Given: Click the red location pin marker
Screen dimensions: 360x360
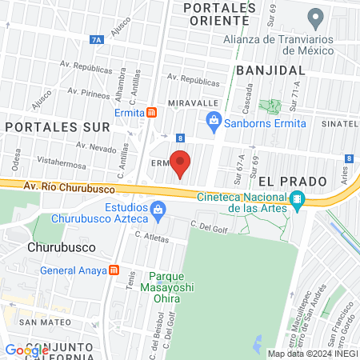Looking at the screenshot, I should coord(181,163).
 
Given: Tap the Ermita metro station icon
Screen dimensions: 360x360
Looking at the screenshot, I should coord(151,113).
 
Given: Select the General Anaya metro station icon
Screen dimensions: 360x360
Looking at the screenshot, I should coord(114,270).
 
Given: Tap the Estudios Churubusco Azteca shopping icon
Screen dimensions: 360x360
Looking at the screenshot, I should coord(158,210).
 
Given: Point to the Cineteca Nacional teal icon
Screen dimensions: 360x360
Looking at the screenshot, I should coord(297,199).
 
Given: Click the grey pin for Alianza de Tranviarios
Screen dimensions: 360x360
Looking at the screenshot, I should coord(315,17).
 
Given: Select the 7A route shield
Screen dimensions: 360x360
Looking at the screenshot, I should coord(98,38).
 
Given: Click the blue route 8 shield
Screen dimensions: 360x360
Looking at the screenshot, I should coord(182,138).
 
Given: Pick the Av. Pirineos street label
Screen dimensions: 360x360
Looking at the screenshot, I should coord(88,93).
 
